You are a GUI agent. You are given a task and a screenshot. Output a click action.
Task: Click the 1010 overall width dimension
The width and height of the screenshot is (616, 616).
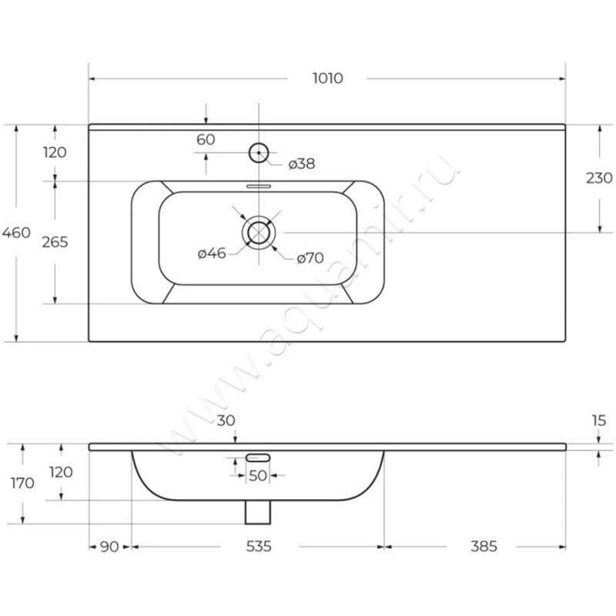click(x=328, y=79)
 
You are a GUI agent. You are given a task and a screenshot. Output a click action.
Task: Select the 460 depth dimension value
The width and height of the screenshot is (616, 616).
click(x=16, y=233)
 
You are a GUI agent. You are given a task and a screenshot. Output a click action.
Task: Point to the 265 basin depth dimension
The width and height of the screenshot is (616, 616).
click(x=55, y=242)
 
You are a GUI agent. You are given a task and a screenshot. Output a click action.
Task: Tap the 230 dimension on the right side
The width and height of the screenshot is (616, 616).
click(x=599, y=179)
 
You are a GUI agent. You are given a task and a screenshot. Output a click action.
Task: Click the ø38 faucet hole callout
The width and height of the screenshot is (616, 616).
click(x=302, y=164)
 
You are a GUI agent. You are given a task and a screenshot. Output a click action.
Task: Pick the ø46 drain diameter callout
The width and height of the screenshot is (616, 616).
click(x=212, y=253)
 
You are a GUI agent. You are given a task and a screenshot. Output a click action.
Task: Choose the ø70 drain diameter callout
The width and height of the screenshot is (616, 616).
click(x=310, y=258)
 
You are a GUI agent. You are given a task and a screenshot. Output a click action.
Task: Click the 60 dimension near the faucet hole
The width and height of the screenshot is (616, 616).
click(x=206, y=139)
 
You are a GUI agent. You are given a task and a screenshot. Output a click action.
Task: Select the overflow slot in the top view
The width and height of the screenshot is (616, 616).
click(x=259, y=186)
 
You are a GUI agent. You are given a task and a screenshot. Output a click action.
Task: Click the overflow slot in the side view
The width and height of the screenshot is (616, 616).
click(x=258, y=457)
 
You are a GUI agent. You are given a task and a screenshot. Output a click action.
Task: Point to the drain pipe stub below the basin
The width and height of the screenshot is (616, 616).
click(x=258, y=512)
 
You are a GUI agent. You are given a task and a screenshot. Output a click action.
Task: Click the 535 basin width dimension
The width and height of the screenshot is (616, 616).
click(x=259, y=547)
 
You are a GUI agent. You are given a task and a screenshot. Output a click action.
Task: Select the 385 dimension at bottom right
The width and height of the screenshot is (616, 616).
click(x=484, y=547)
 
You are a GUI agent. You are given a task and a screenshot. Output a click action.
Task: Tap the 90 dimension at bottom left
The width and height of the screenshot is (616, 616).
click(x=109, y=547)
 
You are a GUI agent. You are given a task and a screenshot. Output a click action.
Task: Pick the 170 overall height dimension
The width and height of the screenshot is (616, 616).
click(x=22, y=484)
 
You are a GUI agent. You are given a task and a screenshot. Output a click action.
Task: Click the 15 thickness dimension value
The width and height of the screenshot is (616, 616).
click(x=599, y=420)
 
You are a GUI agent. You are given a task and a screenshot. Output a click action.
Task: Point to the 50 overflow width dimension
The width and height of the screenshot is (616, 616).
click(x=258, y=476)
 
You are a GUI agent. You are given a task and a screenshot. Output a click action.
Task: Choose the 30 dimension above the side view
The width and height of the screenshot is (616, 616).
click(x=226, y=420)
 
